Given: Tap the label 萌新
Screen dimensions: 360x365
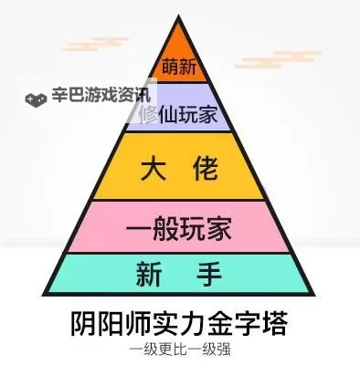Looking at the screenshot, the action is click(x=179, y=68).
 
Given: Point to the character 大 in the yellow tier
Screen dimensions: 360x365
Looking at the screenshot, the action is click(x=155, y=167).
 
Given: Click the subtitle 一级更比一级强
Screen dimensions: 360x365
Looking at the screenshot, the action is click(x=180, y=349).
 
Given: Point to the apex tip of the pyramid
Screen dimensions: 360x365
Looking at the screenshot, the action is click(x=180, y=16).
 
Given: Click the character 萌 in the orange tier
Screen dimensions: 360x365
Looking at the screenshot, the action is click(x=169, y=68).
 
